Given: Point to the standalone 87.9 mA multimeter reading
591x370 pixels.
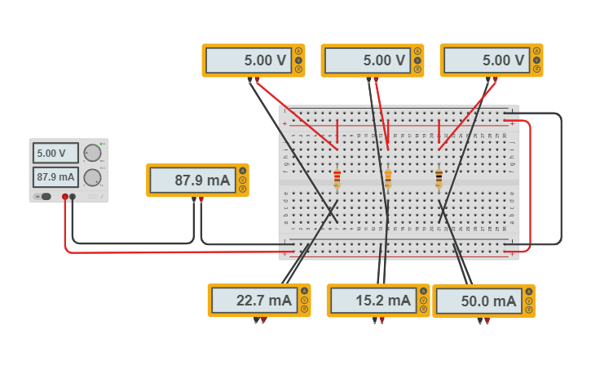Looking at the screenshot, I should (x=191, y=181).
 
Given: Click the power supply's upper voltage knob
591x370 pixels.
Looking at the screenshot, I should (x=93, y=153).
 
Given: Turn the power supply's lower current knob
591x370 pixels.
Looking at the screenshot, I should (x=93, y=176).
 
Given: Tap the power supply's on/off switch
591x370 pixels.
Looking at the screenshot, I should (x=46, y=196).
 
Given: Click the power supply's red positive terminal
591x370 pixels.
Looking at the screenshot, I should (x=65, y=197).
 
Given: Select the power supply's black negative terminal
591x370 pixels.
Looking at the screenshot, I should (x=73, y=197).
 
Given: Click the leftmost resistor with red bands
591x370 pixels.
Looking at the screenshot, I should (x=337, y=179).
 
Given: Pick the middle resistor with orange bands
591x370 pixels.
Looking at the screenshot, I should (x=388, y=179).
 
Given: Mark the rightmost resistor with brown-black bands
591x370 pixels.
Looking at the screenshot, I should (x=439, y=179).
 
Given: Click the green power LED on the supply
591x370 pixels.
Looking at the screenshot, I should (x=102, y=144).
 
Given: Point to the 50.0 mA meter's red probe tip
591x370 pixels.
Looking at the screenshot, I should (x=487, y=321).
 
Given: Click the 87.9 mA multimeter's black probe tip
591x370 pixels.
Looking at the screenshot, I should (x=194, y=200).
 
